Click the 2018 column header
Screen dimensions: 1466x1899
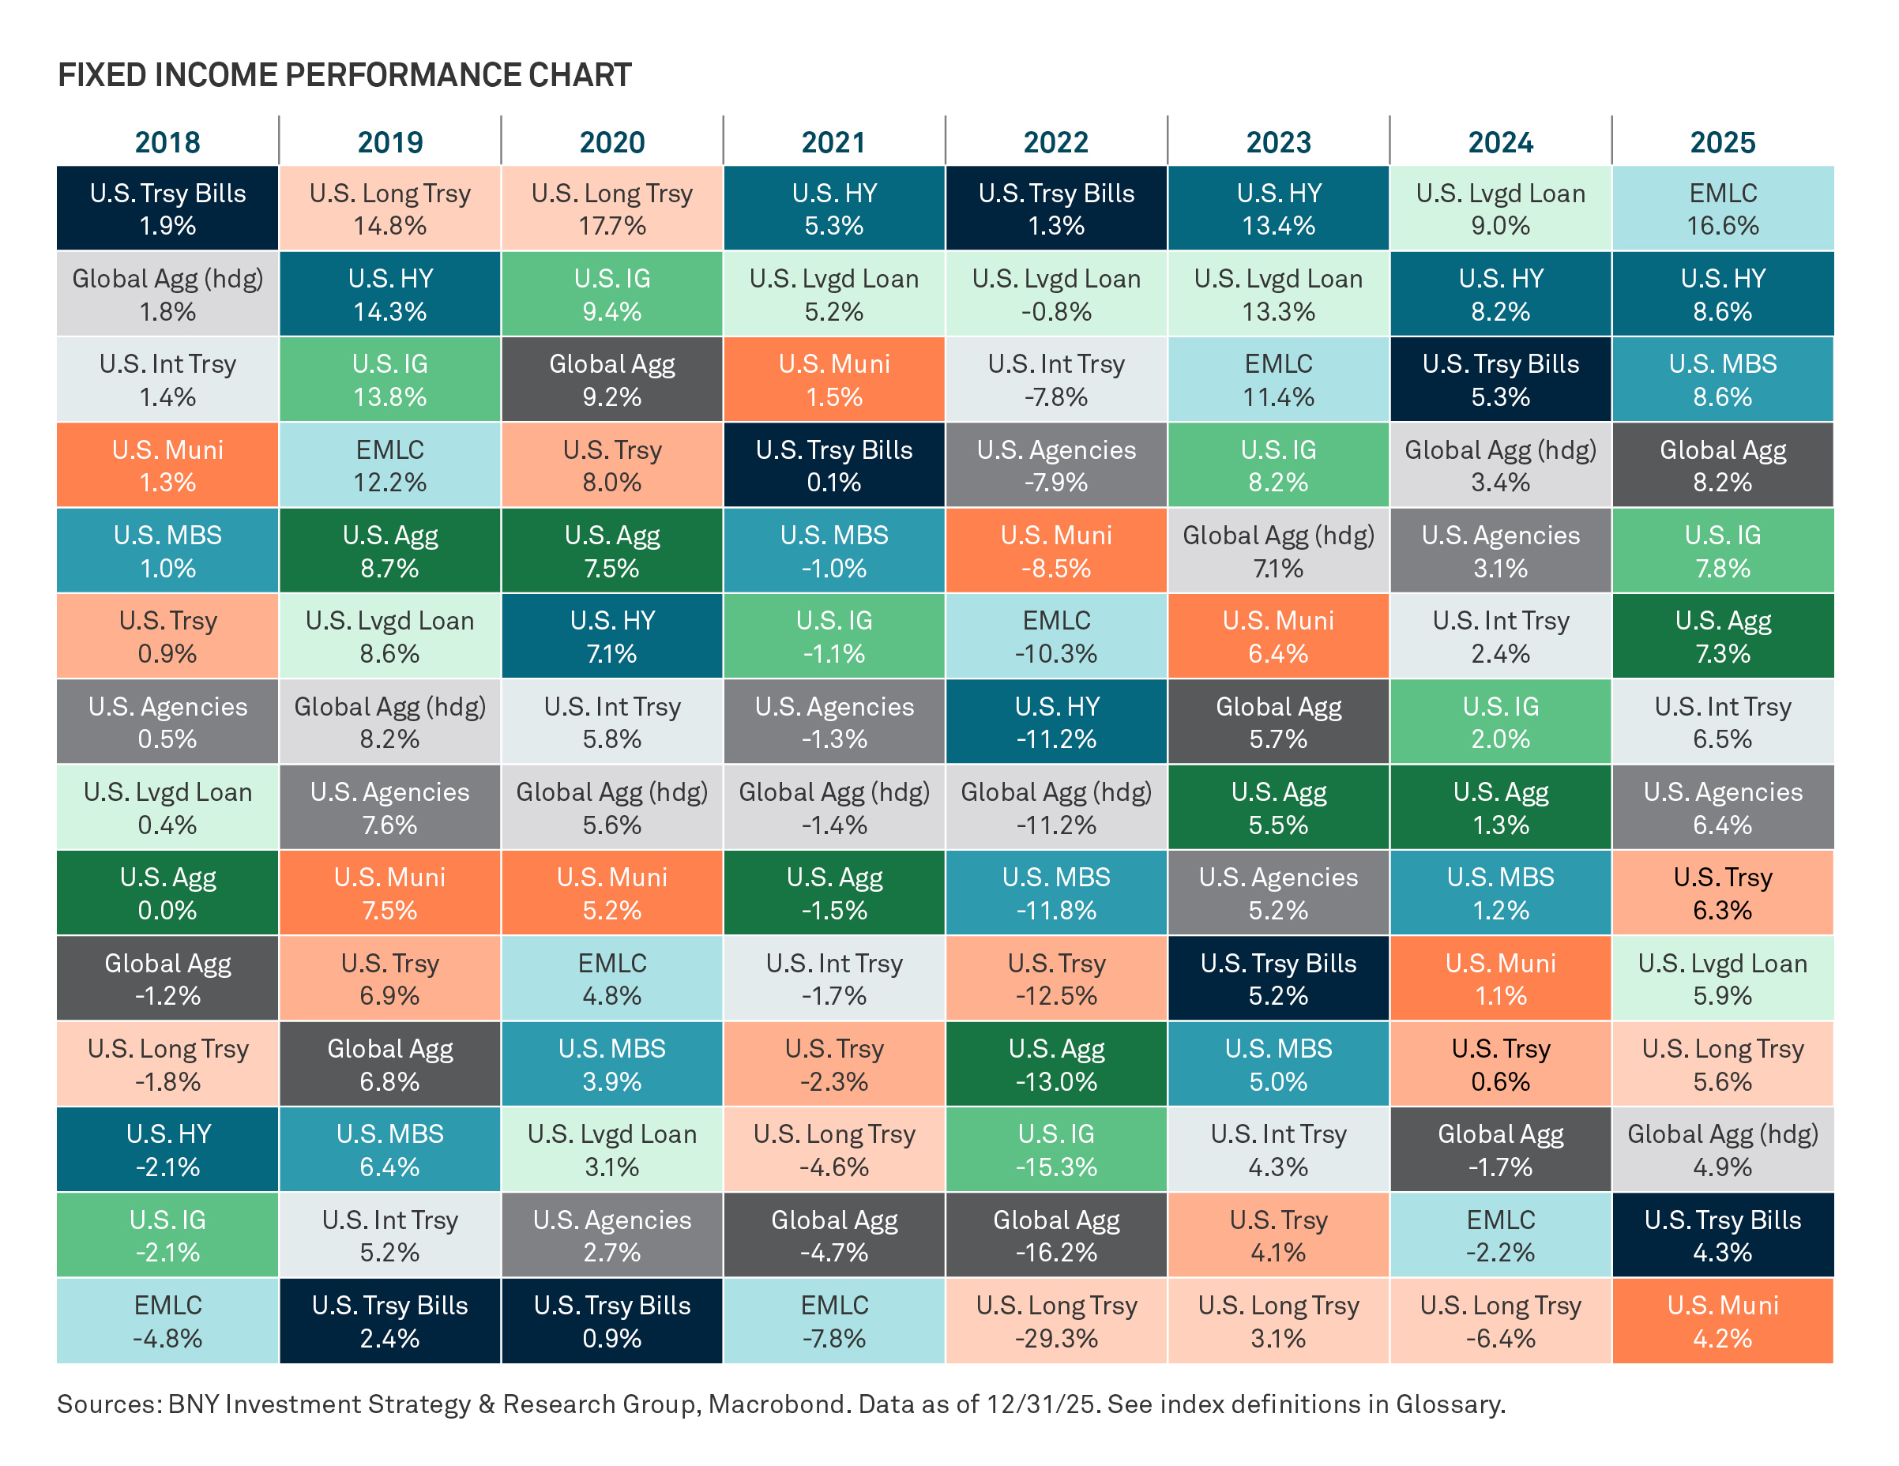click(x=167, y=141)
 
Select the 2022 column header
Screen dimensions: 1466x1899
click(x=1055, y=141)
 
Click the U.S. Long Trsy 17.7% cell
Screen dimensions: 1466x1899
click(x=611, y=209)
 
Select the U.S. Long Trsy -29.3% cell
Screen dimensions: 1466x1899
click(x=1055, y=1321)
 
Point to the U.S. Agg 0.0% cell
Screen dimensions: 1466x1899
click(x=167, y=893)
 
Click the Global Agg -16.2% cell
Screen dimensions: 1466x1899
click(x=1055, y=1235)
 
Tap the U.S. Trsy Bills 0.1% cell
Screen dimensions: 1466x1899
click(x=833, y=465)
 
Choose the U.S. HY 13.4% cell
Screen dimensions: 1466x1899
click(x=1277, y=209)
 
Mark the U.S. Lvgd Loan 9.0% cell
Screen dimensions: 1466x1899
click(x=1500, y=209)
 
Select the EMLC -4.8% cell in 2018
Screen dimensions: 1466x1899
click(x=167, y=1321)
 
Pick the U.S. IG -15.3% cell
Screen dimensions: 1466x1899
click(x=1055, y=1149)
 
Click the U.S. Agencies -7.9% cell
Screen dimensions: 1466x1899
click(x=1055, y=465)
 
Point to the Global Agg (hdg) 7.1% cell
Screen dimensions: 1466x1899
click(x=1277, y=551)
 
